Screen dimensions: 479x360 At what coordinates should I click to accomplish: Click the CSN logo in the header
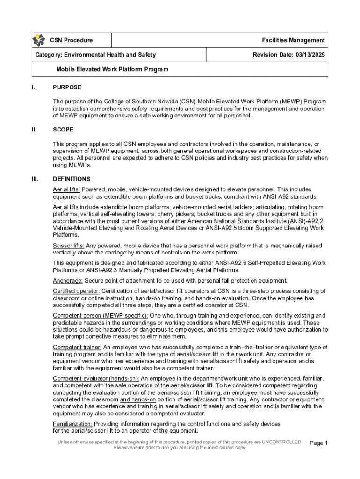click(39, 41)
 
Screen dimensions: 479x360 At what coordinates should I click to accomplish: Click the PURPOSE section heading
click(67, 87)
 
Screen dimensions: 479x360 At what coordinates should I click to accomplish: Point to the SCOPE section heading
click(63, 130)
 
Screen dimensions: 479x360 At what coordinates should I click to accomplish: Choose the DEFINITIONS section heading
click(72, 179)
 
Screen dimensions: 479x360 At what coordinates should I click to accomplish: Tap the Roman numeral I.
click(33, 87)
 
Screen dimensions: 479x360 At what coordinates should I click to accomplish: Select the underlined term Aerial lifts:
click(66, 189)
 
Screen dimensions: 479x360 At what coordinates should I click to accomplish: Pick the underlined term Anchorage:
click(68, 281)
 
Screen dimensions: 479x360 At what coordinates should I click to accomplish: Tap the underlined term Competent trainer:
click(77, 347)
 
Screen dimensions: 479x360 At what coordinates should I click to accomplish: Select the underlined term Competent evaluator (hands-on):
click(96, 378)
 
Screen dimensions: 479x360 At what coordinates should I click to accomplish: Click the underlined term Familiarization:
click(72, 424)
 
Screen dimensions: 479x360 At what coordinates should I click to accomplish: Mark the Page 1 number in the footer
click(319, 443)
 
